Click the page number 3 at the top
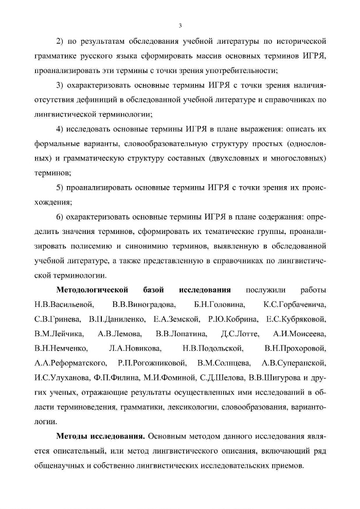180,25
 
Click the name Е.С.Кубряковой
296,319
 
